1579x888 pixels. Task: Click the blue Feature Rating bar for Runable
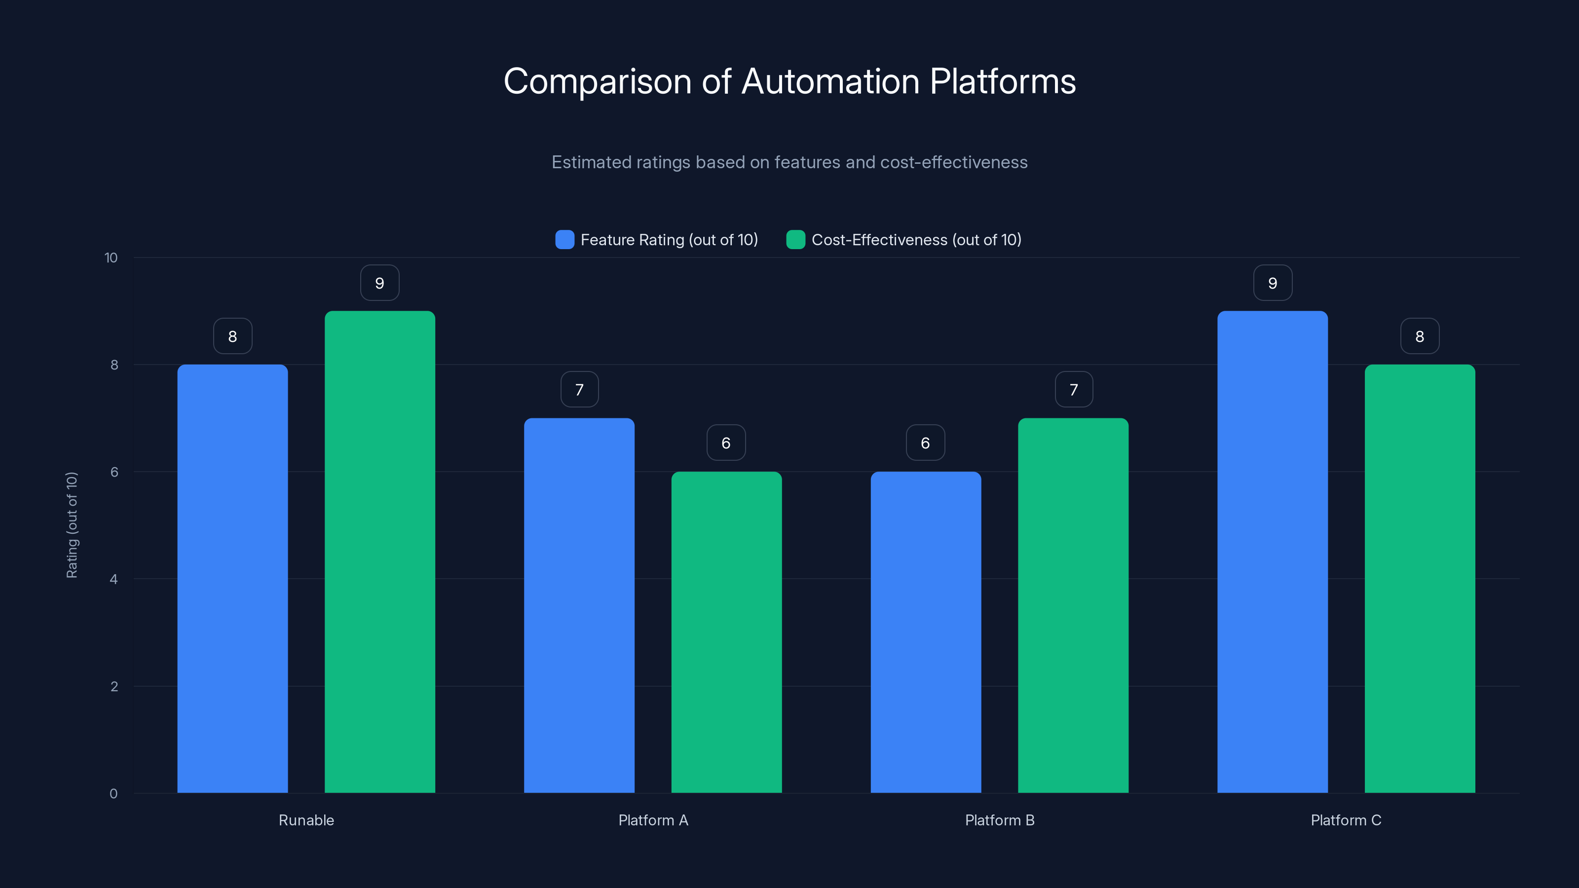point(232,579)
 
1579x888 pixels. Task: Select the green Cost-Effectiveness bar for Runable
point(379,552)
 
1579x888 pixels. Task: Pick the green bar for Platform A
point(726,632)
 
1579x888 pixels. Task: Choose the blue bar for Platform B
point(926,632)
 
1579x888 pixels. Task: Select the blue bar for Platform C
point(1272,552)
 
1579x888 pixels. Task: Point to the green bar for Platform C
point(1420,579)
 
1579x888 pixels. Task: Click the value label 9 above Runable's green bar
point(379,283)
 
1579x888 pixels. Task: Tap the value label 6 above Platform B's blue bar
point(926,443)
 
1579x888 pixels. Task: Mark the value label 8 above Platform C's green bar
point(1420,336)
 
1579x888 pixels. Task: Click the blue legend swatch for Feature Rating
point(564,240)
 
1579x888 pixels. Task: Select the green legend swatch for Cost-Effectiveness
point(795,240)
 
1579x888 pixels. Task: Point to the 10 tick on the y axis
point(111,258)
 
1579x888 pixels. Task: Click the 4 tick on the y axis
point(113,579)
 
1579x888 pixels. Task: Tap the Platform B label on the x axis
point(999,820)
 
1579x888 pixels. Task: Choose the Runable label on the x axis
point(306,820)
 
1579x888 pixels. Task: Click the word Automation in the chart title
point(830,81)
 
